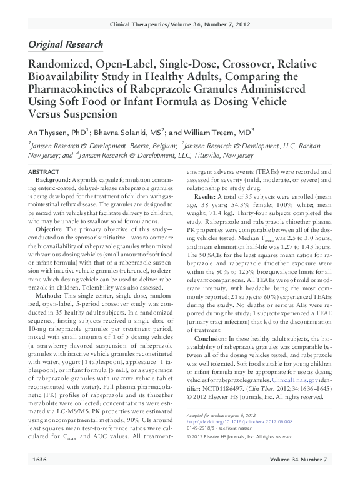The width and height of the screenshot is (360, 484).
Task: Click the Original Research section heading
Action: pos(66,45)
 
